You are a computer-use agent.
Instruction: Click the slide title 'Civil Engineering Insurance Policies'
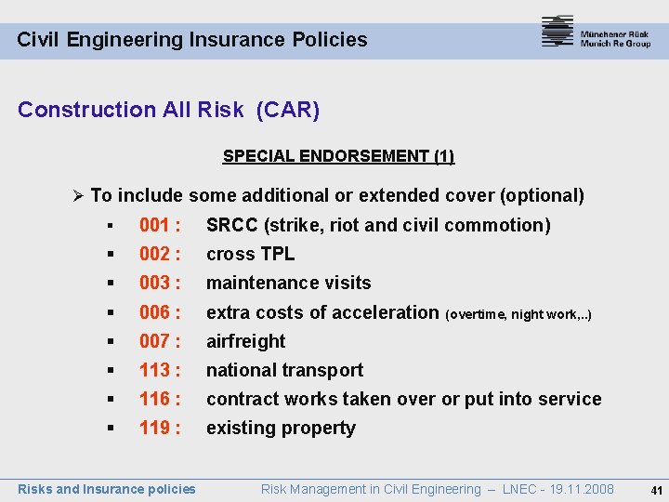(x=192, y=40)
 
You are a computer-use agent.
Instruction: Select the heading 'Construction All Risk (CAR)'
(x=168, y=110)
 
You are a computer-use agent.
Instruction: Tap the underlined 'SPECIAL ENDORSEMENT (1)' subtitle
(x=338, y=156)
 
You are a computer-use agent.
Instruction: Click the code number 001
(x=155, y=225)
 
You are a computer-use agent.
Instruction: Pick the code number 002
(x=155, y=254)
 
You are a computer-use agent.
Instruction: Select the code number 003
(x=155, y=283)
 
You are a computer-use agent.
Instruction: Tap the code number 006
(x=155, y=312)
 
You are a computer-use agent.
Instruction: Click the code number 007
(x=155, y=341)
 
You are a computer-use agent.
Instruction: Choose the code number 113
(x=155, y=370)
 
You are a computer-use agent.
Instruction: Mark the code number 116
(x=155, y=399)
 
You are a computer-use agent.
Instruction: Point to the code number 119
(x=155, y=428)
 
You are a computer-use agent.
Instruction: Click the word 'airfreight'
(x=245, y=341)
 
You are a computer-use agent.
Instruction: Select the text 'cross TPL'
(x=250, y=254)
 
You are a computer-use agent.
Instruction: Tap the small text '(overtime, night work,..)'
(x=518, y=315)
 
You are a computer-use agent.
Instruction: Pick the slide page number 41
(x=657, y=490)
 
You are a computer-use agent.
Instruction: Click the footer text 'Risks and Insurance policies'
(x=107, y=489)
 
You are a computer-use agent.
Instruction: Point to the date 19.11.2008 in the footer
(x=581, y=489)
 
